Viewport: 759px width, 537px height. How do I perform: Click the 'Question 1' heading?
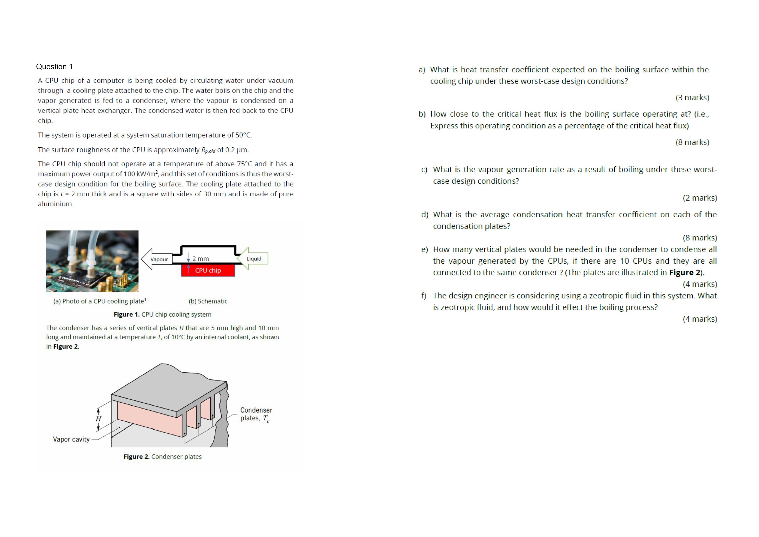[x=54, y=67]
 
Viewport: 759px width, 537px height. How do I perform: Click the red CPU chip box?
[x=208, y=270]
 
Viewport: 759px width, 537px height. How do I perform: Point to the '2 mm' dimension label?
[x=201, y=259]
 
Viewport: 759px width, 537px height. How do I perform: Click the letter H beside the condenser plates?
[x=98, y=419]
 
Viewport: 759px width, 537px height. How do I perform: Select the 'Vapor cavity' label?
[x=71, y=439]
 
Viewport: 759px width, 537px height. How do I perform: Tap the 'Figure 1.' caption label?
[x=127, y=314]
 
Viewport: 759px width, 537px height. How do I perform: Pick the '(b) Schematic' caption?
[x=208, y=301]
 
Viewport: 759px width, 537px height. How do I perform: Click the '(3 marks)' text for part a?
[x=692, y=98]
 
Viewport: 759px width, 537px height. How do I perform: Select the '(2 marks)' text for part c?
[x=700, y=198]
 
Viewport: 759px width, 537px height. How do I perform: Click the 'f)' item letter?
[x=424, y=296]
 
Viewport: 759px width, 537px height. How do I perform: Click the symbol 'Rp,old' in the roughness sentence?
[x=208, y=150]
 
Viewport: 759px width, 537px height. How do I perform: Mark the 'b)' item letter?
[x=422, y=114]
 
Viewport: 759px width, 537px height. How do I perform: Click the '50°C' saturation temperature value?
[x=243, y=135]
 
